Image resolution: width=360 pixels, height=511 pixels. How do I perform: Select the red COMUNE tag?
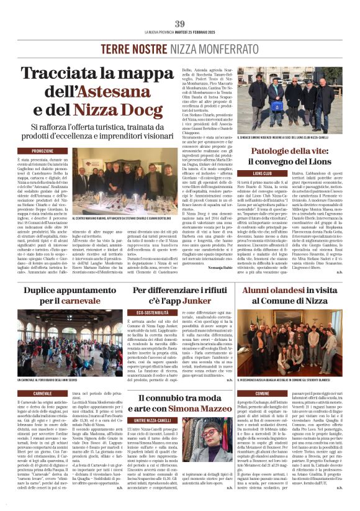point(263,393)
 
